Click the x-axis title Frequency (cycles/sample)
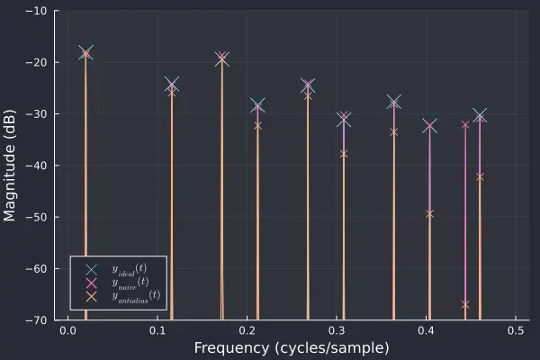point(291,348)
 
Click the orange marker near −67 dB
point(465,305)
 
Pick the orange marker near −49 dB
point(429,213)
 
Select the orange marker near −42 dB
point(480,176)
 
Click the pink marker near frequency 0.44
point(465,124)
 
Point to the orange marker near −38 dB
point(344,154)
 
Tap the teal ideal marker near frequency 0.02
point(85,52)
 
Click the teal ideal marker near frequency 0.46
point(480,115)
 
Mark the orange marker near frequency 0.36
point(393,132)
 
